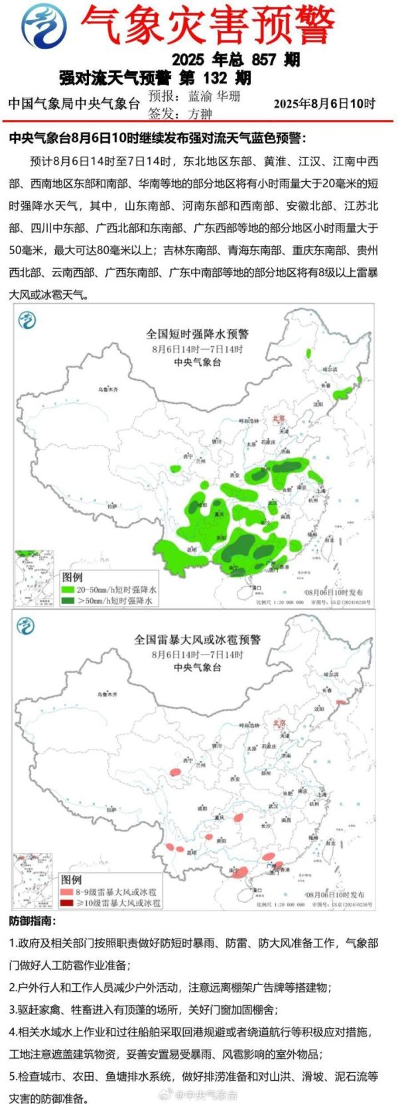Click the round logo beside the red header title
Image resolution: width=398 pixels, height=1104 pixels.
[x=43, y=25]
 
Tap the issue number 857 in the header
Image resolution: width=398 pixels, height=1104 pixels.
[x=263, y=60]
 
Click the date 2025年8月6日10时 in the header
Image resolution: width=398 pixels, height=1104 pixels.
[x=324, y=104]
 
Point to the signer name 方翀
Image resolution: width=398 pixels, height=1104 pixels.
[x=200, y=114]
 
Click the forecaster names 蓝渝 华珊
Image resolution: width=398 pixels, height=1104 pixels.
[x=214, y=96]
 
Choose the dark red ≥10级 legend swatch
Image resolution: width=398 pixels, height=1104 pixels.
[x=68, y=904]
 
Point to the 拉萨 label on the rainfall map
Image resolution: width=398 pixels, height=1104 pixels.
[x=111, y=506]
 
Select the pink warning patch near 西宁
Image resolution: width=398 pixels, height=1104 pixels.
[x=175, y=772]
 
